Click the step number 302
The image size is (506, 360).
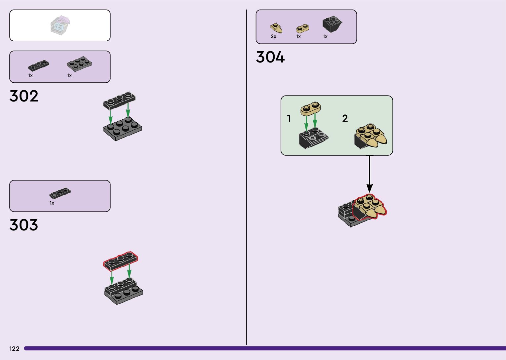(x=24, y=96)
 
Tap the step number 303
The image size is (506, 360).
(x=24, y=225)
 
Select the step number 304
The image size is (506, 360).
(x=270, y=57)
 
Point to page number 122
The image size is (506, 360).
(x=14, y=349)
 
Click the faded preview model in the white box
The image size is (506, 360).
(x=60, y=25)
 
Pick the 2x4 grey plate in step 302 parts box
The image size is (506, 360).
(x=79, y=63)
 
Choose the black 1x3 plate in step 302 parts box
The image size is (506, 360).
(x=39, y=65)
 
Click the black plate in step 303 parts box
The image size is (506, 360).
(x=60, y=193)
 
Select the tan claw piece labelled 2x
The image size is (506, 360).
(x=276, y=28)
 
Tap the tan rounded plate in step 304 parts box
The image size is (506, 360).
(x=302, y=28)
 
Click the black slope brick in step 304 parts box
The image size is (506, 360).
(x=332, y=24)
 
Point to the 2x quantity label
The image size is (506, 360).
(x=273, y=37)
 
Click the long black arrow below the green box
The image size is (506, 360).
(x=370, y=174)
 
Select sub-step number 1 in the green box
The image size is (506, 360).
(x=289, y=118)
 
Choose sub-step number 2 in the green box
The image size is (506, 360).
(x=345, y=118)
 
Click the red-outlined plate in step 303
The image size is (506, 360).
(x=121, y=260)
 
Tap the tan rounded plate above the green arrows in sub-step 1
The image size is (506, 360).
(x=310, y=109)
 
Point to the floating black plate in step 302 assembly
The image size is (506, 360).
(x=119, y=100)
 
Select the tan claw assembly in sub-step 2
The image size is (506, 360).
(x=371, y=136)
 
